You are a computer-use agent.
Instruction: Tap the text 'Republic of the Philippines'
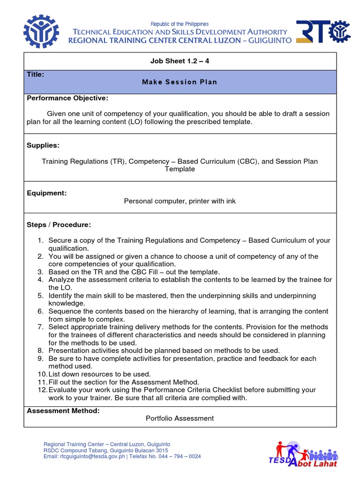(x=180, y=24)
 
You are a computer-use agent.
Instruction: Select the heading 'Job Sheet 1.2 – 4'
(x=180, y=61)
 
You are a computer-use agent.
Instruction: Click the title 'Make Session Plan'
(x=180, y=82)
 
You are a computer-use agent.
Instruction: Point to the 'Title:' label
(x=36, y=74)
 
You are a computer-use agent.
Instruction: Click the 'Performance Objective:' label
(x=67, y=98)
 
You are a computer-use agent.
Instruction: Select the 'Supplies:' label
(x=43, y=145)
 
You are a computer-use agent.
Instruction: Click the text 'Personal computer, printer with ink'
(x=180, y=201)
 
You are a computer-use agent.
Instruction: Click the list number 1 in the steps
(x=40, y=240)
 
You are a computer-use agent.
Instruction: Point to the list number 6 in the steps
(x=40, y=311)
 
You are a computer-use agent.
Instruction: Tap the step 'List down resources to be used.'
(x=99, y=374)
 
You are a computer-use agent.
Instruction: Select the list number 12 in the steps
(x=42, y=390)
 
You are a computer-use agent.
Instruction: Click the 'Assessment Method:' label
(x=63, y=411)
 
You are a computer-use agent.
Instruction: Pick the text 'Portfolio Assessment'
(x=180, y=418)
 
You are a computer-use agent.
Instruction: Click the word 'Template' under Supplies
(x=180, y=169)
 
